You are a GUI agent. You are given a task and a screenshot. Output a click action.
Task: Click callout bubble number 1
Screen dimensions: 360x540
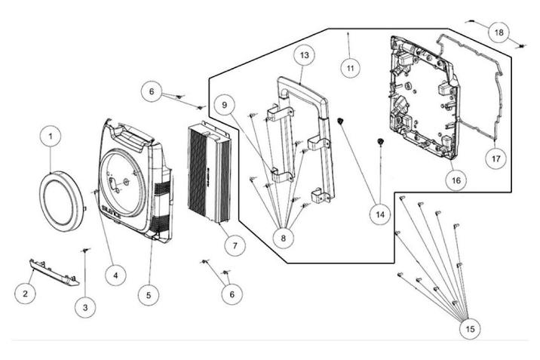[50, 137]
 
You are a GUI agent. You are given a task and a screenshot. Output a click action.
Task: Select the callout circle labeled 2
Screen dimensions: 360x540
[26, 293]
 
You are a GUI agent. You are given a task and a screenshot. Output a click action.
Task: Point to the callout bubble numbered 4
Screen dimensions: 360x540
[115, 275]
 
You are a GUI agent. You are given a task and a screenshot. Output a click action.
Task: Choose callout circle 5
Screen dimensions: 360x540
[149, 294]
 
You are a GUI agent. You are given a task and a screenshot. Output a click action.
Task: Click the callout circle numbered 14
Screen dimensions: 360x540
[380, 214]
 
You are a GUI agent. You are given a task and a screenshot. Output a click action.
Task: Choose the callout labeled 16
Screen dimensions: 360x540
[455, 181]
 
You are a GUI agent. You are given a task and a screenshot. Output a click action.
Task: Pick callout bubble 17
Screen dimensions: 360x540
[496, 159]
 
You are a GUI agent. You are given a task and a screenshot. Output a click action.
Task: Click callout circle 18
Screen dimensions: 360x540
[498, 32]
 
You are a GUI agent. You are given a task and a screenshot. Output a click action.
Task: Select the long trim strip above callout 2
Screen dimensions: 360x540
[54, 272]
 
